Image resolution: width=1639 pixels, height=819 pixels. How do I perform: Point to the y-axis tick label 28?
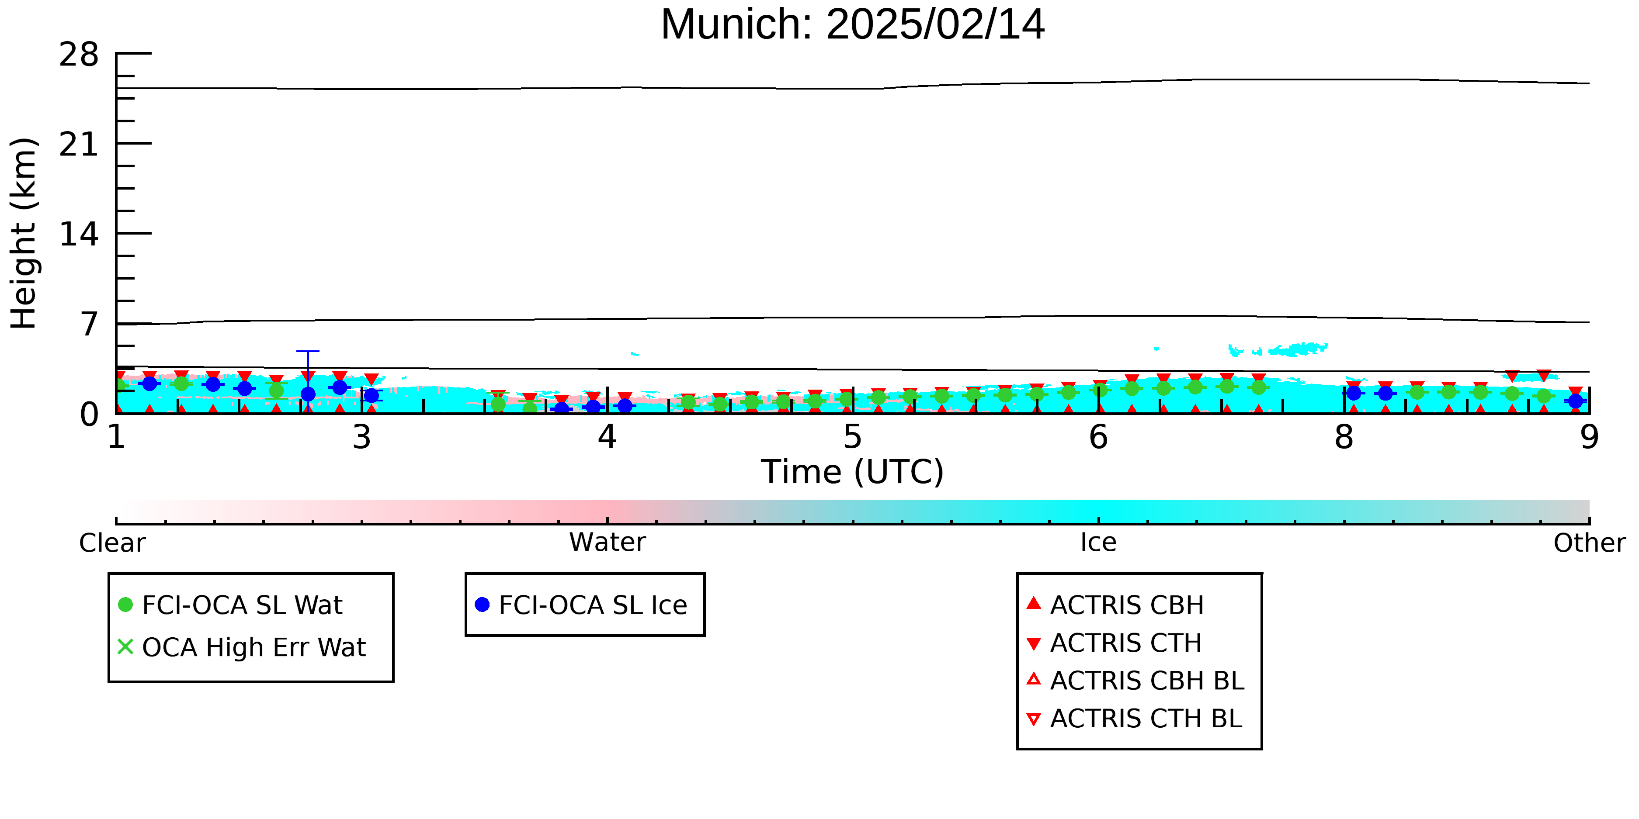pos(79,55)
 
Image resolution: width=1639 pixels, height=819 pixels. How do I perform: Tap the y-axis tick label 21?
pos(79,145)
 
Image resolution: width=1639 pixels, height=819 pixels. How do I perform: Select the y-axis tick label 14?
pos(79,235)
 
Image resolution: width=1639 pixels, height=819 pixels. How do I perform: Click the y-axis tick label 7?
pos(89,324)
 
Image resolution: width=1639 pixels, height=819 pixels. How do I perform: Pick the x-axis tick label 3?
pos(361,438)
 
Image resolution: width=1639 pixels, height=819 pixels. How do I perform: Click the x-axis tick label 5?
pos(853,438)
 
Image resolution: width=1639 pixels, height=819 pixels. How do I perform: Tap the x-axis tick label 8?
pos(1344,438)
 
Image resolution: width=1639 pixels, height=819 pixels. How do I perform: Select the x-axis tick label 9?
pos(1589,438)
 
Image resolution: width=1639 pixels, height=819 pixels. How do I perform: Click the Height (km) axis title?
pos(24,233)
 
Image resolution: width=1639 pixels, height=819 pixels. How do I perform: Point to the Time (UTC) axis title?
pos(853,472)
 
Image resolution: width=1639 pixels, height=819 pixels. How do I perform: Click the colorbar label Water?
pos(608,543)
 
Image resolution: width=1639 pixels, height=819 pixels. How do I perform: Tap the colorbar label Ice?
pos(1098,543)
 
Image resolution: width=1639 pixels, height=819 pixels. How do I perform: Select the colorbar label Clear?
pos(112,543)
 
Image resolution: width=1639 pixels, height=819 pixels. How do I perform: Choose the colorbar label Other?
pos(1589,543)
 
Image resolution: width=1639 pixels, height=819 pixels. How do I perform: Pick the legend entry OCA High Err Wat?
pos(242,647)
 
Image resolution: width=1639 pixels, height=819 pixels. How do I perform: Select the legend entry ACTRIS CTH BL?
pos(1135,719)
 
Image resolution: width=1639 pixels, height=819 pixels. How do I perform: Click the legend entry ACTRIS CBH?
pos(1115,605)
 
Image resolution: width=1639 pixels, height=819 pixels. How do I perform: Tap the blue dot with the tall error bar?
pos(308,394)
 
